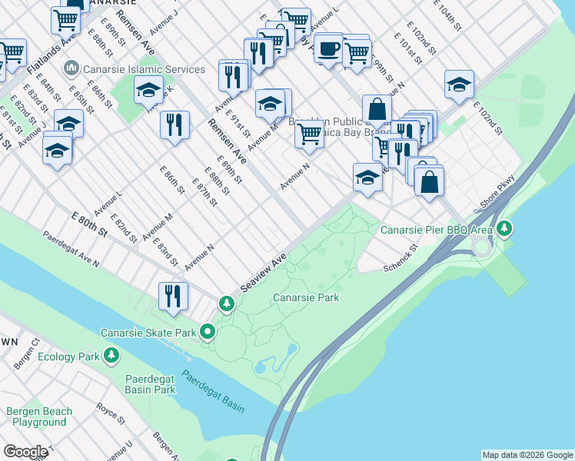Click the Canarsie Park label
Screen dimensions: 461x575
[x=306, y=297]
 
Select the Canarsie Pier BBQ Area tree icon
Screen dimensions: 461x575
[x=504, y=228]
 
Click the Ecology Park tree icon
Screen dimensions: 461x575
[x=111, y=357]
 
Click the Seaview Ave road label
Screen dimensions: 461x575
[x=263, y=272]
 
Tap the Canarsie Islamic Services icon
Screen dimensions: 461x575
[x=71, y=69]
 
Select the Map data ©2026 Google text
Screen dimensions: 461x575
[x=527, y=455]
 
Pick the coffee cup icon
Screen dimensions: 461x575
[x=329, y=48]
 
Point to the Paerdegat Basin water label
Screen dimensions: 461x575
[x=213, y=392]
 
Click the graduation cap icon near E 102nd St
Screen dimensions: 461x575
[x=459, y=85]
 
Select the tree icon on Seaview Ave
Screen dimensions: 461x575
[x=227, y=304]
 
